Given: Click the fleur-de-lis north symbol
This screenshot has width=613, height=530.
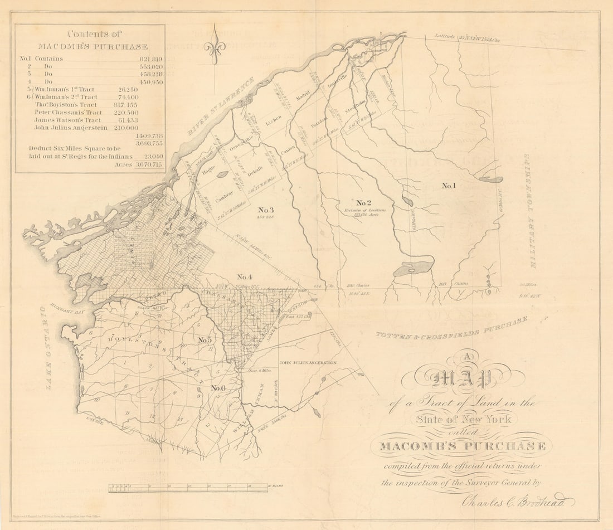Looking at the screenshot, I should [214, 47].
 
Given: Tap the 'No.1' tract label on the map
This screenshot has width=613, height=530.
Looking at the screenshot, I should [449, 186].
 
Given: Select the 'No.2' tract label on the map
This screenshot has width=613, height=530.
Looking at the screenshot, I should [364, 202].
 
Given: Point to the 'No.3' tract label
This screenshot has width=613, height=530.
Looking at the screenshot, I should [266, 210].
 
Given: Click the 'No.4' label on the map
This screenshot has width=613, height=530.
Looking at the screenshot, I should [245, 277].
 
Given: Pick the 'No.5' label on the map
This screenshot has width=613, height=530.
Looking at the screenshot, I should [205, 340].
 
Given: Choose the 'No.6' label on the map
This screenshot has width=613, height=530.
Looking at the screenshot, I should [218, 388].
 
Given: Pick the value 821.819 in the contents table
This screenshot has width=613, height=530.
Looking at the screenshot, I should [150, 59].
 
